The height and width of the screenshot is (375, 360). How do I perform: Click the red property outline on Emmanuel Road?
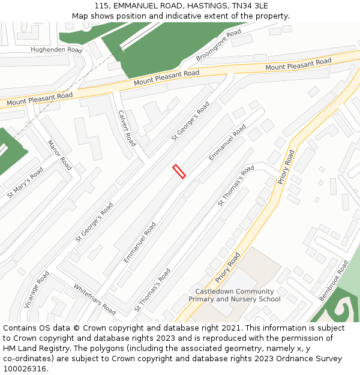179,171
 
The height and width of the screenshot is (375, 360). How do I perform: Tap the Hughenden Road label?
56,50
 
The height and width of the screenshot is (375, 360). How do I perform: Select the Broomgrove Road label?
218,45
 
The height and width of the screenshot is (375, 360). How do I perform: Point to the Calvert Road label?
127,128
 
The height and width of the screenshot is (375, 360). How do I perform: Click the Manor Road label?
59,155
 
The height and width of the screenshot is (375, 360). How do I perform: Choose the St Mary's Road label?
25,183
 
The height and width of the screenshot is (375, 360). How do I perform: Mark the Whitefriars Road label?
95,299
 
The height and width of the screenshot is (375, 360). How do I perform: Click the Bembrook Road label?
334,280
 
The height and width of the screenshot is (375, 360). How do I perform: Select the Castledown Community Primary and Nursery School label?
235,295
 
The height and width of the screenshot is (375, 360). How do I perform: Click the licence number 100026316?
25,369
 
